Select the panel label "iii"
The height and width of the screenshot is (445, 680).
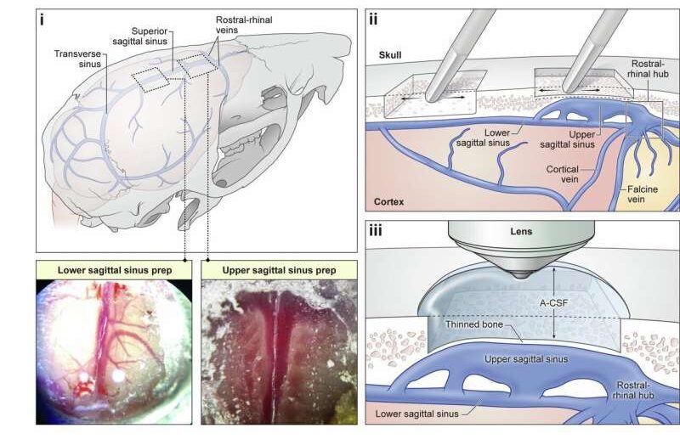click(x=377, y=228)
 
